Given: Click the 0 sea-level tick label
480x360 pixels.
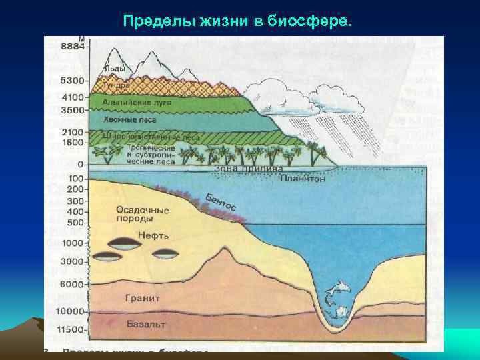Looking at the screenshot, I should tap(80, 164).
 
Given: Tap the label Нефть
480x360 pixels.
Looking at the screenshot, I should tap(153, 235).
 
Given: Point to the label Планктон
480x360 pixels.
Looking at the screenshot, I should tap(303, 179).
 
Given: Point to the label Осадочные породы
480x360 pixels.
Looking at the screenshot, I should tap(142, 214).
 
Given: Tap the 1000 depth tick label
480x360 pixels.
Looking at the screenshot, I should tap(73, 243).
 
